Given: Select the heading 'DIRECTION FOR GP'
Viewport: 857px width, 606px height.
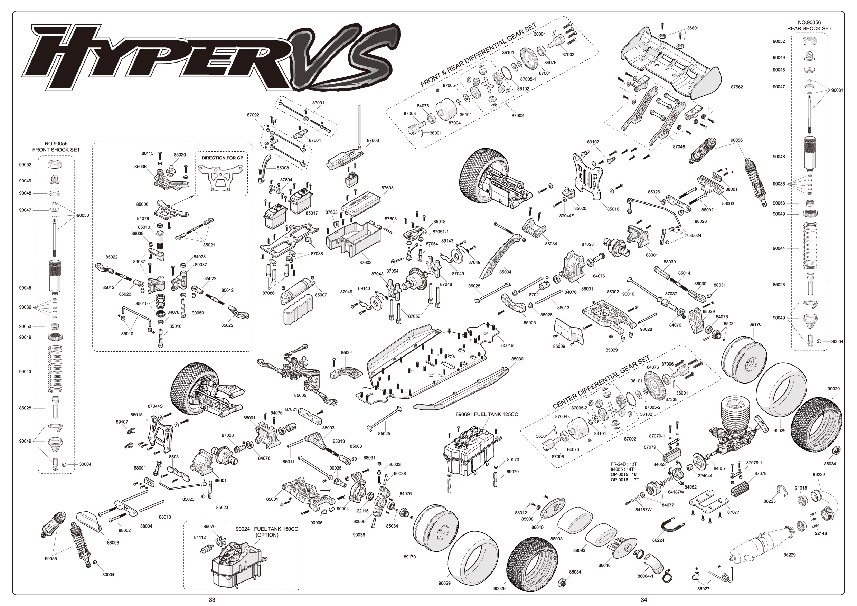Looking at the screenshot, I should [x=222, y=158].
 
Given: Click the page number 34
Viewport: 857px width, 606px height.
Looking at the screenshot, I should [x=643, y=600].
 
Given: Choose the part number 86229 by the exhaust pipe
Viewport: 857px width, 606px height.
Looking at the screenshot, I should [x=789, y=555].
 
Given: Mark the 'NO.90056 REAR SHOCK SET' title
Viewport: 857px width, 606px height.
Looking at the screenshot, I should [x=809, y=25].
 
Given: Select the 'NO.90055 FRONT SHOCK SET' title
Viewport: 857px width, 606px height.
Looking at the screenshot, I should [x=56, y=146].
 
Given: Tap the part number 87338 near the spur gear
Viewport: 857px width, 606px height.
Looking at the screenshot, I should [x=671, y=399].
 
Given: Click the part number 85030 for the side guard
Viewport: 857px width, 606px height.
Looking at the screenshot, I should [x=517, y=359].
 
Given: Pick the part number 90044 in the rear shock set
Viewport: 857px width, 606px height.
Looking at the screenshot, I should [x=779, y=248].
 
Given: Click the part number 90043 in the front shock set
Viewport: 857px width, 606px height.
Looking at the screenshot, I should [x=25, y=372].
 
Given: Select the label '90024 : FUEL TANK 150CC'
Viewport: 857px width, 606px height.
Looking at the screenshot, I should [x=267, y=529].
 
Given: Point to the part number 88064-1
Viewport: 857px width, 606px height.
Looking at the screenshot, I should [x=646, y=576].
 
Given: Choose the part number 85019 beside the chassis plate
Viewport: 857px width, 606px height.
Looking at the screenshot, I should [x=507, y=345].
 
